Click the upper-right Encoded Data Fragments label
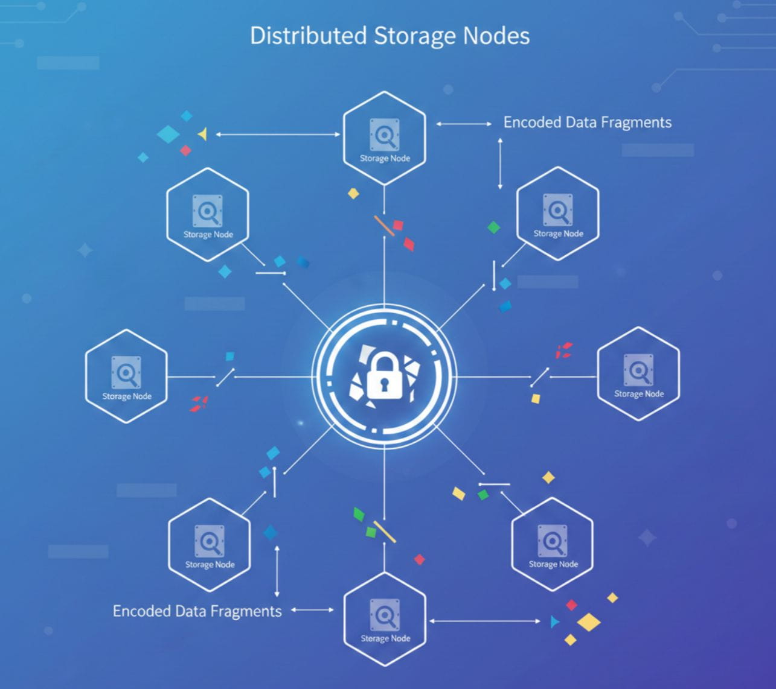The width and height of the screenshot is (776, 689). [x=587, y=122]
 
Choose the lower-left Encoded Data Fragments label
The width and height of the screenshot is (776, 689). [x=197, y=611]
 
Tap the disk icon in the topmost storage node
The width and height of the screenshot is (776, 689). [x=385, y=133]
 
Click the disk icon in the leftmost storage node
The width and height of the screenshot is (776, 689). [x=126, y=372]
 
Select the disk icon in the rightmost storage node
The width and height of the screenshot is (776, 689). [x=638, y=369]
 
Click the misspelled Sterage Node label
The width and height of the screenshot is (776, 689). [x=385, y=638]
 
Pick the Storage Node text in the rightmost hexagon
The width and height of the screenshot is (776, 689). [x=639, y=394]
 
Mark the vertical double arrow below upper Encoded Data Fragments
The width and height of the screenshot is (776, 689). [x=500, y=164]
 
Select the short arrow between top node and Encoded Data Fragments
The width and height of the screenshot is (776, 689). [x=464, y=124]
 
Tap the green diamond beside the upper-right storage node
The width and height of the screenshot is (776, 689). [x=494, y=227]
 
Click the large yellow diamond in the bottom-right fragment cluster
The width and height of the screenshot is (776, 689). [x=588, y=622]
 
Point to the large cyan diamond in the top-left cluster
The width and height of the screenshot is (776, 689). [x=168, y=134]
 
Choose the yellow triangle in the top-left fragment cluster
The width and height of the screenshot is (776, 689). [x=203, y=134]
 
